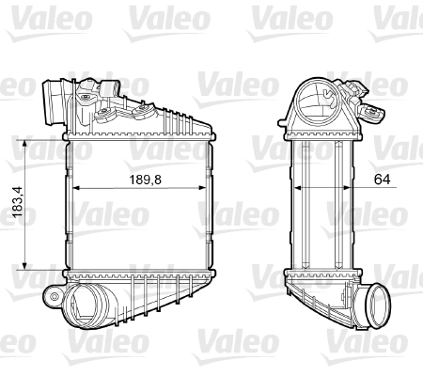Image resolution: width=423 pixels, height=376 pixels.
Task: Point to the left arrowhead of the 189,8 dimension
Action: point(75,186)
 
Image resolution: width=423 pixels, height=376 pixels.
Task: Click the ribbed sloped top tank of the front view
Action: point(179,121)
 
